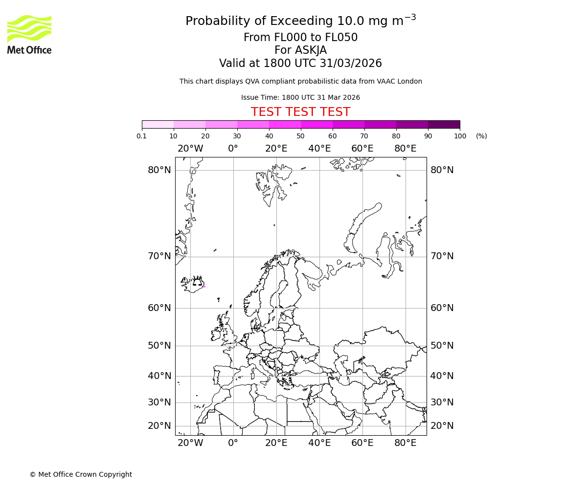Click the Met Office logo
click(x=29, y=34)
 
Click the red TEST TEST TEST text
click(x=300, y=112)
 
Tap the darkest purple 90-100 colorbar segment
click(x=444, y=124)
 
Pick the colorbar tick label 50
click(x=300, y=136)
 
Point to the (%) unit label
click(x=481, y=136)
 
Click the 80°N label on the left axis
click(x=159, y=170)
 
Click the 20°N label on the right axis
click(x=442, y=426)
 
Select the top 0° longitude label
click(x=233, y=149)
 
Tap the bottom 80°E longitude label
click(x=405, y=443)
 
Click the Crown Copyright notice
click(x=81, y=474)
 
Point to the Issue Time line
click(x=300, y=98)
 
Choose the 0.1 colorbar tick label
click(x=142, y=136)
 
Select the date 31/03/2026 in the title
click(x=351, y=64)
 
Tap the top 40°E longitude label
click(x=319, y=149)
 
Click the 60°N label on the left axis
click(x=159, y=308)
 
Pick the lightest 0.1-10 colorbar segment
click(x=158, y=124)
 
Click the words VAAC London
click(x=400, y=82)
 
